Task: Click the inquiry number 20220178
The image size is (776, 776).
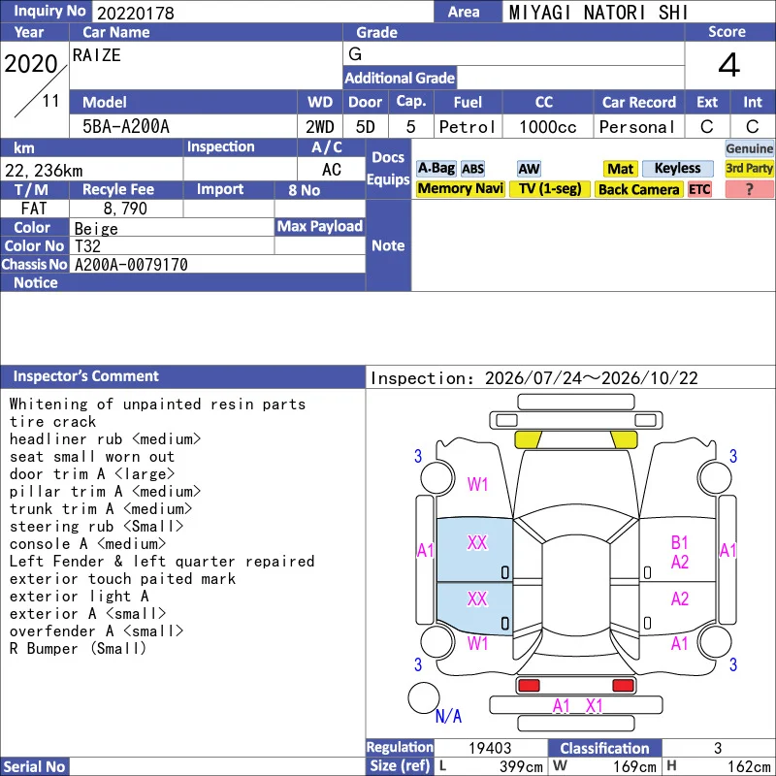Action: [136, 13]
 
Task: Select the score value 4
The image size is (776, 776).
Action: [729, 65]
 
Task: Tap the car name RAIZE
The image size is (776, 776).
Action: [96, 55]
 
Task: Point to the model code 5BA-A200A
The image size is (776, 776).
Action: [126, 127]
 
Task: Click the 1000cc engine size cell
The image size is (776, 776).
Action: [548, 127]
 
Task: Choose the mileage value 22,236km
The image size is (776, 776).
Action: [44, 171]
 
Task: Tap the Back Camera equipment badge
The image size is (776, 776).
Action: [638, 189]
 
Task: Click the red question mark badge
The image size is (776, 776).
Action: [749, 189]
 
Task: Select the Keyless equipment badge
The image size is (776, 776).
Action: [677, 168]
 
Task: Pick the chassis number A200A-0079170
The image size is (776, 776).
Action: [131, 265]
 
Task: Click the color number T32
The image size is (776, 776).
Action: [87, 246]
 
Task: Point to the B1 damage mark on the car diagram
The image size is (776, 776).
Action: [680, 542]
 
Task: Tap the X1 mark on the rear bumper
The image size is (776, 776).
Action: [594, 706]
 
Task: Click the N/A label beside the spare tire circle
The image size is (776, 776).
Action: [448, 716]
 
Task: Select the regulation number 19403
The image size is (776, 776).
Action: [490, 748]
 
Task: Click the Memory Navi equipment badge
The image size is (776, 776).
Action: [460, 188]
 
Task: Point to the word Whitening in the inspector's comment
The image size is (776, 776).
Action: [48, 404]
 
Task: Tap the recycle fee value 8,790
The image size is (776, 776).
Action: [125, 209]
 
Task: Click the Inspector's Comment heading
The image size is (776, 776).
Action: [85, 376]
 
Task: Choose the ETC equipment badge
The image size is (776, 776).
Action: [699, 189]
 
